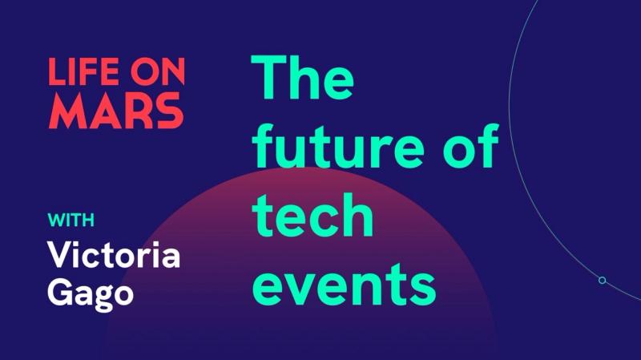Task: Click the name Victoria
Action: [114, 254]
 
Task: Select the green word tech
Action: [313, 215]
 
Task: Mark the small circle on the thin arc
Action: [602, 280]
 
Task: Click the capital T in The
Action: [271, 79]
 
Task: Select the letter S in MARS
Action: [167, 112]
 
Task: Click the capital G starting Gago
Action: [62, 292]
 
